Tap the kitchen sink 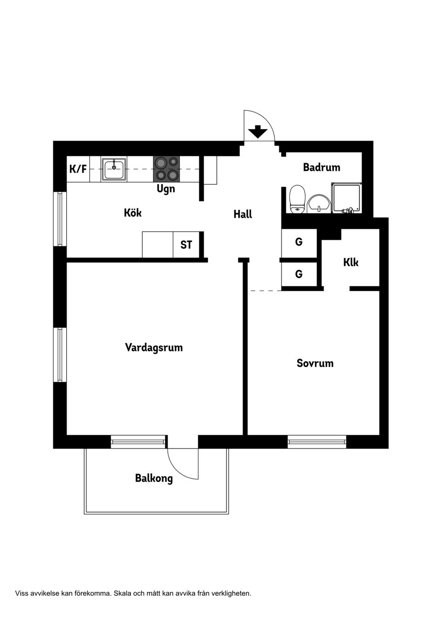click(x=114, y=169)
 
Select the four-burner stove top click(x=166, y=168)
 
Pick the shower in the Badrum click(x=346, y=198)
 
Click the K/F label click(x=78, y=169)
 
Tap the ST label click(x=186, y=245)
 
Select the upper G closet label click(x=299, y=242)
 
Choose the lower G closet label click(x=299, y=274)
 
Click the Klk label click(x=351, y=262)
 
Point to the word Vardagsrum click(x=154, y=347)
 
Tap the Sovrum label click(x=315, y=363)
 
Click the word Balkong click(x=154, y=479)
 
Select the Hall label click(x=243, y=214)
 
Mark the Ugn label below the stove click(x=166, y=189)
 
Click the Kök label click(x=133, y=213)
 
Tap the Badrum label click(x=322, y=167)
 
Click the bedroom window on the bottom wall click(x=317, y=442)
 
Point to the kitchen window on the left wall click(x=60, y=219)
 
